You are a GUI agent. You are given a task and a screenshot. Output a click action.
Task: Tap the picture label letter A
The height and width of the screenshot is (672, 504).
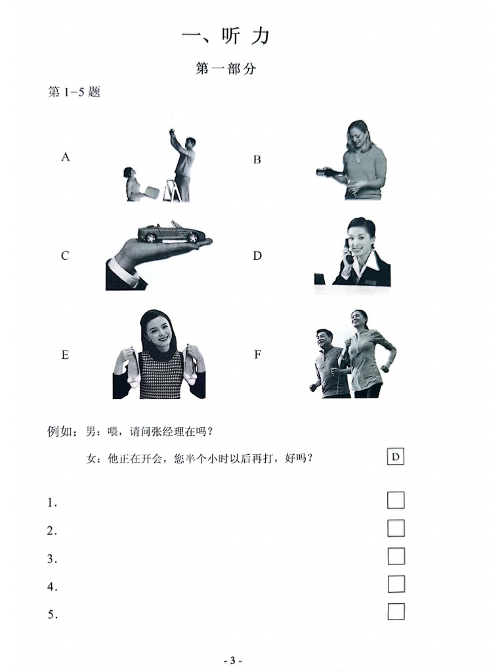pos(66,157)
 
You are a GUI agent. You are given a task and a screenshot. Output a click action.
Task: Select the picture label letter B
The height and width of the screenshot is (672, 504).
pos(257,159)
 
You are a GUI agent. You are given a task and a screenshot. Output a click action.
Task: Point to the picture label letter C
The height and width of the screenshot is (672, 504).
pos(65,256)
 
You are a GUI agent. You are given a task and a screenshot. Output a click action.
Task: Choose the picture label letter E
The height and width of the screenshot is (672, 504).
pos(65,355)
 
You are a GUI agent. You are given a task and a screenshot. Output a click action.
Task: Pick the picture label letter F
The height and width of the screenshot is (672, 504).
pos(257,354)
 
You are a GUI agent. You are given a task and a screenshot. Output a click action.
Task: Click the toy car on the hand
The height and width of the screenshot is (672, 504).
pos(171,232)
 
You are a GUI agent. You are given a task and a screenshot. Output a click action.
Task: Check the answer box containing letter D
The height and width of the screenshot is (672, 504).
pos(395,457)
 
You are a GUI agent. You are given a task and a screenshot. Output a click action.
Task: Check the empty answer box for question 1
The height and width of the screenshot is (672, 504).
pos(396,500)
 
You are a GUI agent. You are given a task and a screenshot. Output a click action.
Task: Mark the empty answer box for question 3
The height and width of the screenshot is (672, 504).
pos(396,556)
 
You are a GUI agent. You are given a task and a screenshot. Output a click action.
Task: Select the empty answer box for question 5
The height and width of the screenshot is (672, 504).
pos(396,612)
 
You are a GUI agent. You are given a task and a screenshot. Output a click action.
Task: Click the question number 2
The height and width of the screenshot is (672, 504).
pos(51,532)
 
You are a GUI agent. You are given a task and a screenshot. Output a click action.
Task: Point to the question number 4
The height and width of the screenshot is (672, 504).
pos(51,587)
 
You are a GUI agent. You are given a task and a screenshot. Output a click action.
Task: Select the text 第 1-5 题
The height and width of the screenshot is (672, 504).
pos(74,93)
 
